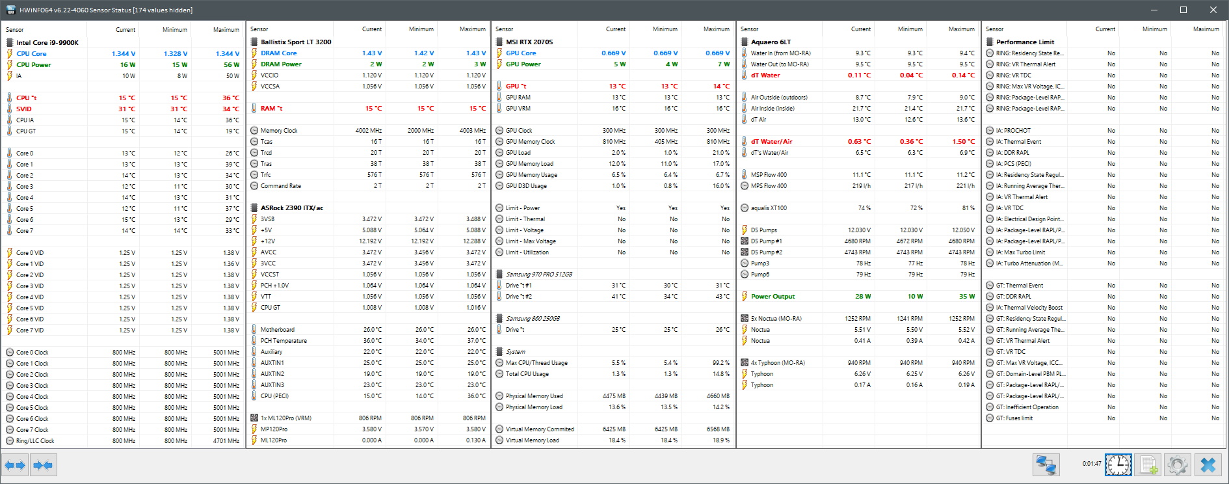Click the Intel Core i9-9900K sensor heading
(x=47, y=42)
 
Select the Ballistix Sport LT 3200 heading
(x=296, y=42)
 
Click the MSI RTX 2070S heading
(x=529, y=42)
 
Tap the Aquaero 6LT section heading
(x=771, y=42)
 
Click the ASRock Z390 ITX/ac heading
(x=292, y=208)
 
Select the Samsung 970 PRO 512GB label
(x=539, y=275)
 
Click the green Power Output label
(x=773, y=297)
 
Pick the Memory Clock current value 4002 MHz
(x=368, y=131)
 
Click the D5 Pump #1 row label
(x=767, y=241)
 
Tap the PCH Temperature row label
(x=284, y=341)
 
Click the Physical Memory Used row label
(x=535, y=396)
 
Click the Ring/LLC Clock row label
(x=35, y=441)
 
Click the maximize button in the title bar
(x=1183, y=10)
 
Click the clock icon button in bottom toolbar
(x=1118, y=465)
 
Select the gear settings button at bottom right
(x=1178, y=465)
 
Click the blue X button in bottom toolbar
(x=1208, y=465)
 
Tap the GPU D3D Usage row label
(x=526, y=186)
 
